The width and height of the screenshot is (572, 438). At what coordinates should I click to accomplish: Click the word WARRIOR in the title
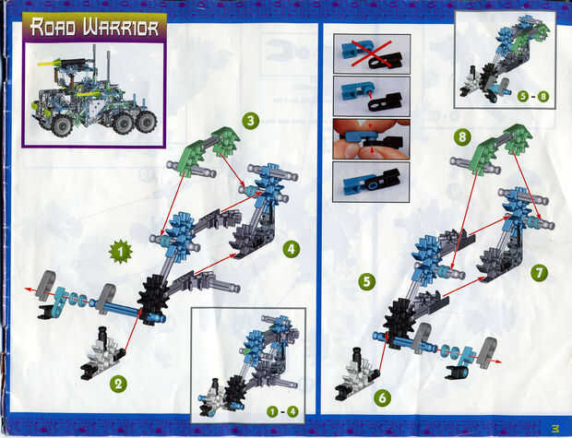click(x=121, y=28)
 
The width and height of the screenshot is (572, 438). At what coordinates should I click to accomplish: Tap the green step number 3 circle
click(x=251, y=121)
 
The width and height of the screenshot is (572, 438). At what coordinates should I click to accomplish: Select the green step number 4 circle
click(x=292, y=250)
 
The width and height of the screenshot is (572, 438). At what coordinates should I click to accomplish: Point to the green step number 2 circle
click(x=119, y=384)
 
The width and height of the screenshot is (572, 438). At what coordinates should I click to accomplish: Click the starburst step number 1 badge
click(x=121, y=252)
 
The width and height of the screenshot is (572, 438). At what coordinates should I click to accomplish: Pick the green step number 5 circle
click(x=367, y=282)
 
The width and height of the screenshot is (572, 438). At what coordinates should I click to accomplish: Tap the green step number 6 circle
click(x=382, y=397)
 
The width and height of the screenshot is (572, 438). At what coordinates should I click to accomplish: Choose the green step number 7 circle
click(x=539, y=272)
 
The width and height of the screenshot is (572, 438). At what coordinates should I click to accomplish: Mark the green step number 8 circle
click(x=462, y=137)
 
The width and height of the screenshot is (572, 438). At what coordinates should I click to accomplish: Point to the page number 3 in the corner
click(x=555, y=427)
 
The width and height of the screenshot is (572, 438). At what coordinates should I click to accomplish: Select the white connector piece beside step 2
click(x=103, y=354)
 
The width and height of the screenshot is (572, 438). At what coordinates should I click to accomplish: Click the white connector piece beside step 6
click(x=357, y=375)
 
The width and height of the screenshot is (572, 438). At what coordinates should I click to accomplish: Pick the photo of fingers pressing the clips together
click(x=372, y=139)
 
